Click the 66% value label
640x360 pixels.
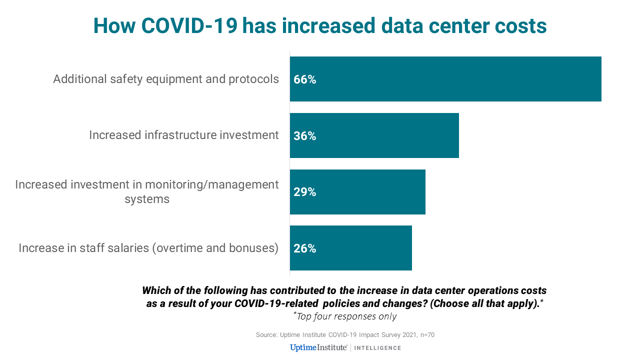[x=305, y=79]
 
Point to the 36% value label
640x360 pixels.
[x=305, y=136]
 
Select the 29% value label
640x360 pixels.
[x=305, y=192]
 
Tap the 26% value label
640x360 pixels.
[x=305, y=248]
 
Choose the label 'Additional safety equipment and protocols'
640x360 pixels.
[x=166, y=79]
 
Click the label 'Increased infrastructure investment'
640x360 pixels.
[x=184, y=135]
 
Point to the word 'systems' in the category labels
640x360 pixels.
[x=147, y=199]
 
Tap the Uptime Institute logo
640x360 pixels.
[x=318, y=347]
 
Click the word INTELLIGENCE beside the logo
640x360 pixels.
[x=377, y=348]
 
